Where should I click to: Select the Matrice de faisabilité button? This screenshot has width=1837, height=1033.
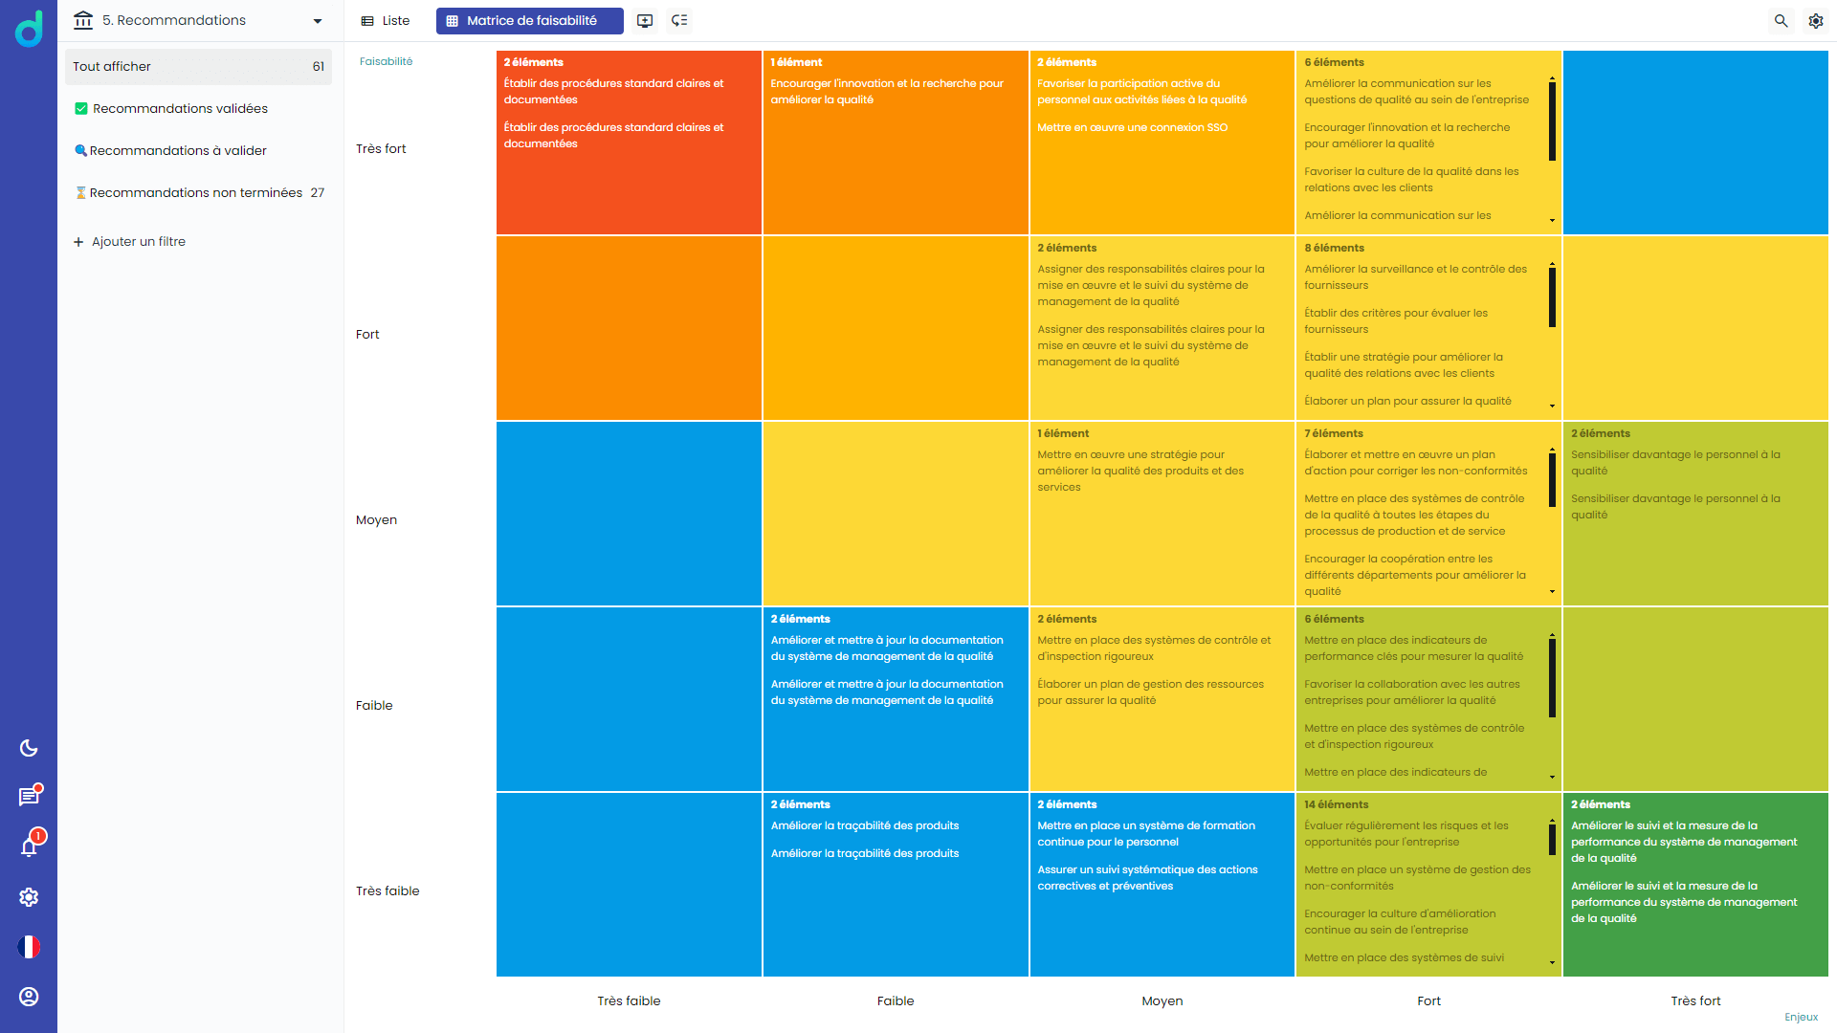tap(529, 21)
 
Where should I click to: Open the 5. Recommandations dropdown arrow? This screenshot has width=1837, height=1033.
tap(318, 21)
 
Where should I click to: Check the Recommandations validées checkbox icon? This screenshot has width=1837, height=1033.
tap(81, 109)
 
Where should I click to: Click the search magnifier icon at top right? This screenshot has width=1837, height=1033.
tap(1781, 21)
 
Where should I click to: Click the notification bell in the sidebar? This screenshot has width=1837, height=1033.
tap(29, 847)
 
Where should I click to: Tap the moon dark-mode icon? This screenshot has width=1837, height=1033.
tap(29, 748)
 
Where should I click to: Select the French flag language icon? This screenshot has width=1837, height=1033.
tap(29, 947)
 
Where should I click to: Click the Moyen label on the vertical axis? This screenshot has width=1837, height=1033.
tap(376, 520)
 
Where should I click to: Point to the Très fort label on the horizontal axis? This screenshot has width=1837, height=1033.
tap(1695, 1001)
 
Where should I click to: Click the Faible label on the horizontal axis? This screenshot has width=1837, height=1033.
tap(896, 1001)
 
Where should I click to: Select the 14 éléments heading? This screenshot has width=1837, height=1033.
tap(1336, 805)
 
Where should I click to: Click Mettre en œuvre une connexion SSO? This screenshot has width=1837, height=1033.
tap(1132, 128)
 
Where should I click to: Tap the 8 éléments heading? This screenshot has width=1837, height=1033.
tap(1334, 249)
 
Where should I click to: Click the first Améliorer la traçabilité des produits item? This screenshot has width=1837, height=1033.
tap(864, 826)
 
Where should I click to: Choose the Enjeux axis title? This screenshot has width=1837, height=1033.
tap(1801, 1018)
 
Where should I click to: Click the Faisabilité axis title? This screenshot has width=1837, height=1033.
tap(386, 62)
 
